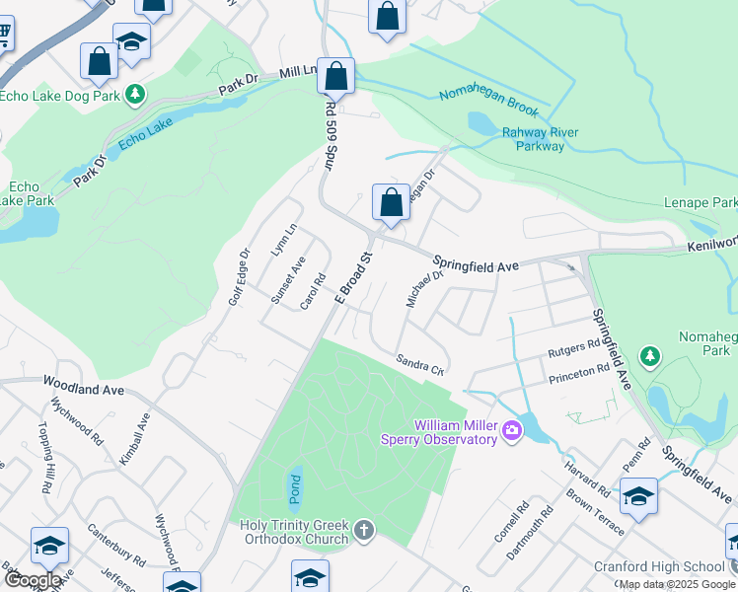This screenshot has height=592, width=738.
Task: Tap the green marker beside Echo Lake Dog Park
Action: tap(137, 95)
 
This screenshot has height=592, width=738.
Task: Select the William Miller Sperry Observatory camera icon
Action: tap(511, 430)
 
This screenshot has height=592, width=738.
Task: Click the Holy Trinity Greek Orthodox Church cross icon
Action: tap(363, 532)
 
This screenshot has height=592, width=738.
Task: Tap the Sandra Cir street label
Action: tap(421, 365)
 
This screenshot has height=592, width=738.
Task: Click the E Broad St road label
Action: tap(355, 277)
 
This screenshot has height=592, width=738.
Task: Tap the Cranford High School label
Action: tap(659, 566)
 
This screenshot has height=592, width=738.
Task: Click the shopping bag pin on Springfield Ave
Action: tap(391, 202)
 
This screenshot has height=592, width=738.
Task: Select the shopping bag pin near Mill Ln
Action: tap(335, 76)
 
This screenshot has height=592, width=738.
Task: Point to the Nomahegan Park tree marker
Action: tap(649, 355)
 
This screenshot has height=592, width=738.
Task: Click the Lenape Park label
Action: tap(711, 202)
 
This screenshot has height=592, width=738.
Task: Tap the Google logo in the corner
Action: tap(33, 580)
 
